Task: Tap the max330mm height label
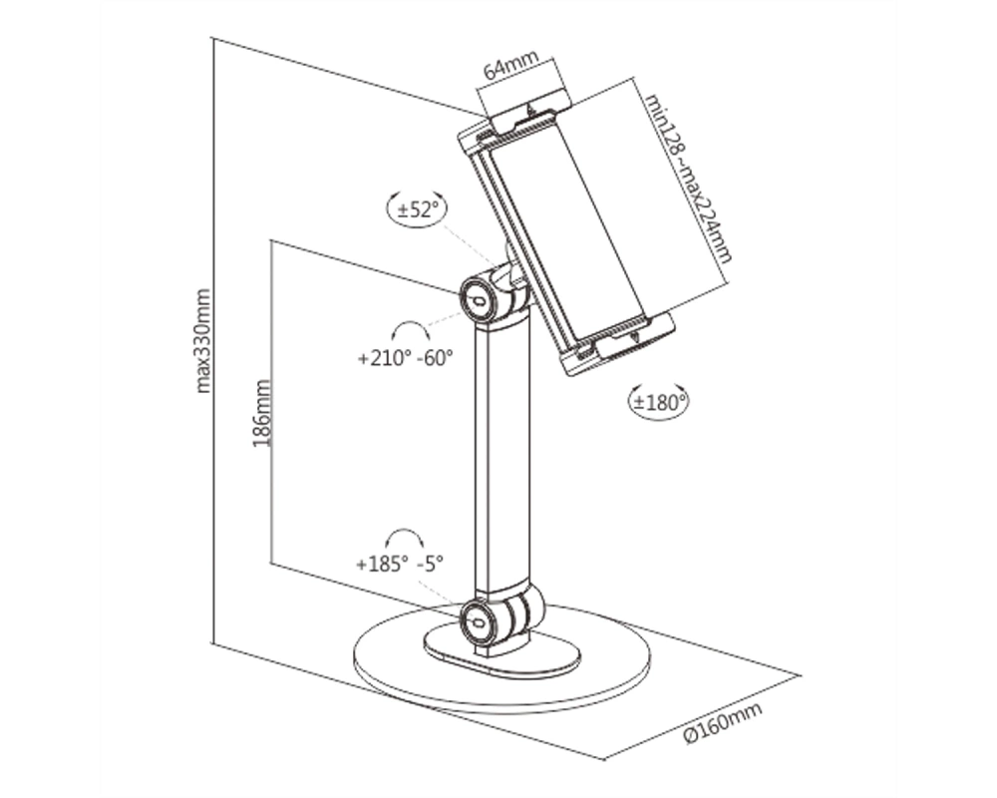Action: [202, 341]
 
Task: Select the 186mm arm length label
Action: [262, 414]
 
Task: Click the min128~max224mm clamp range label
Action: [689, 179]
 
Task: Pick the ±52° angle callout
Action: [418, 208]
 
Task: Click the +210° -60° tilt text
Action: [406, 358]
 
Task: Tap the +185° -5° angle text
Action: [400, 564]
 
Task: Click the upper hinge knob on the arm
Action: [479, 298]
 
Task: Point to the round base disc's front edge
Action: [502, 706]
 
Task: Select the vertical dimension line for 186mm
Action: [271, 402]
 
